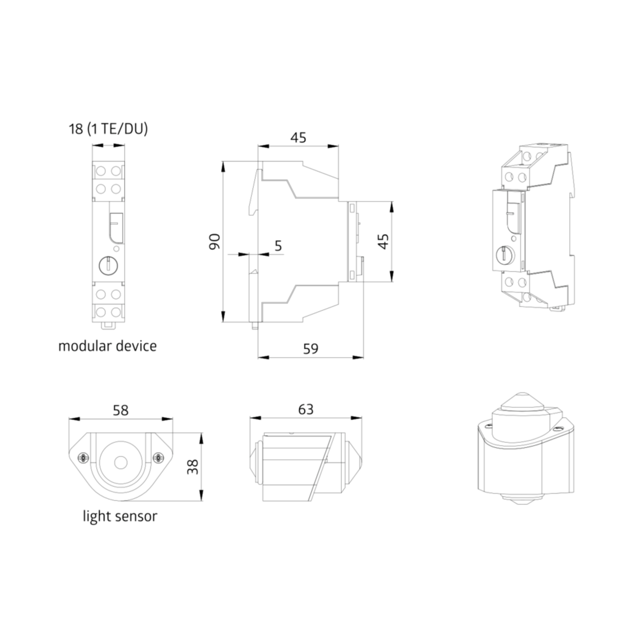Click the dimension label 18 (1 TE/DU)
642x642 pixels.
tap(108, 129)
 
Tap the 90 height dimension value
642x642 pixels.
tap(215, 242)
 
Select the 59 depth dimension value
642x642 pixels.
tap(311, 349)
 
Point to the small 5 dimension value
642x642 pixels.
tap(278, 246)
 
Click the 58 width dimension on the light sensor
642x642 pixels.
tap(120, 410)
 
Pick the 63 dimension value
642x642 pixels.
tap(306, 410)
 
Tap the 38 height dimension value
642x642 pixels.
tap(193, 466)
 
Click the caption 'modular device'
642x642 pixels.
tap(107, 346)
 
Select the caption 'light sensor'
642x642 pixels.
tap(120, 516)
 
